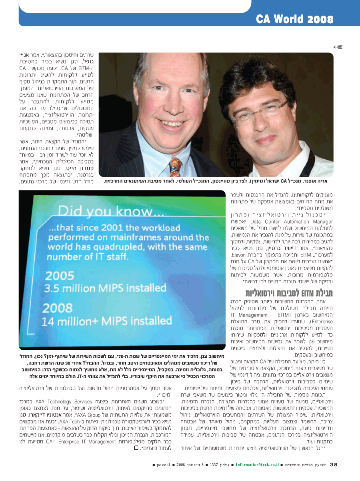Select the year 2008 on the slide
pyautogui.click(x=58, y=308)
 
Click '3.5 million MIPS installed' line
pyautogui.click(x=100, y=288)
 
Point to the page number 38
pyautogui.click(x=334, y=464)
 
